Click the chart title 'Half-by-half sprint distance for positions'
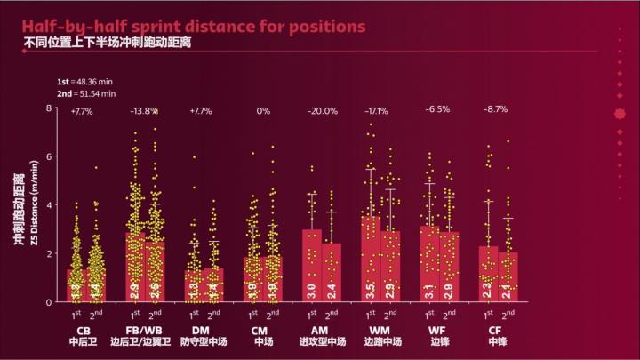pos(194,26)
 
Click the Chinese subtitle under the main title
pos(108,43)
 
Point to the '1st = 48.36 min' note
pos(86,80)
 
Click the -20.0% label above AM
pos(322,111)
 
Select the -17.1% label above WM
pos(380,111)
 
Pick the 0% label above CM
pos(263,111)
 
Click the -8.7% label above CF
pos(495,111)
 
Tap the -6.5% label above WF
pos(437,111)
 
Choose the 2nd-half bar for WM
pos(389,267)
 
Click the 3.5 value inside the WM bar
pos(370,290)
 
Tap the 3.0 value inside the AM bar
pos(312,290)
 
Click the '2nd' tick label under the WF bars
pos(448,314)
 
